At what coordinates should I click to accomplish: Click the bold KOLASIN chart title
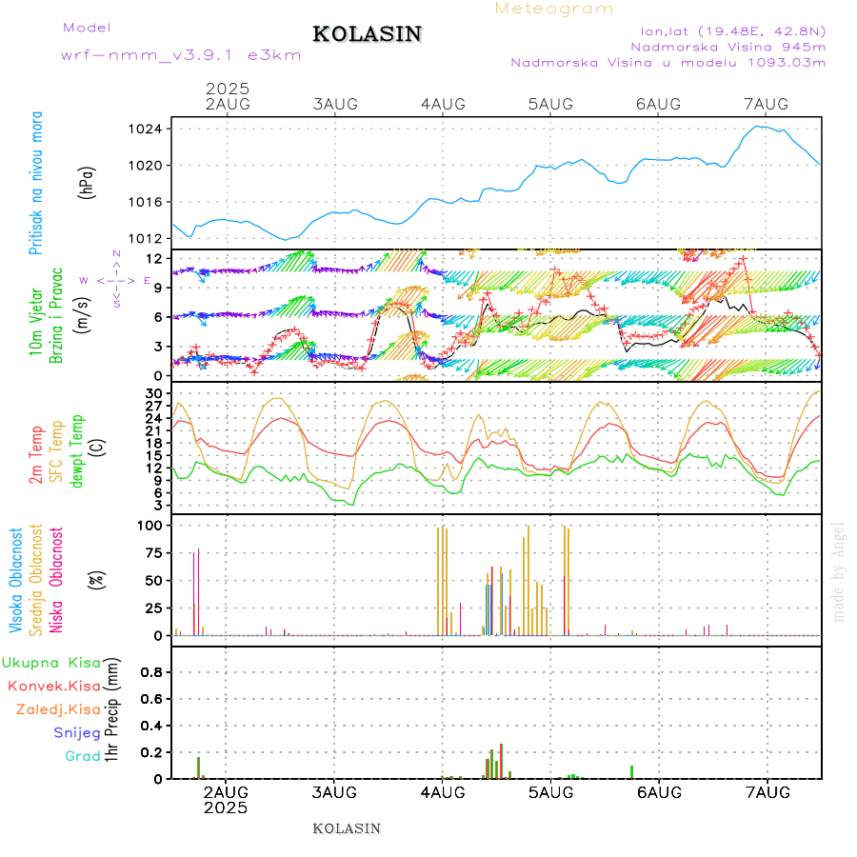pyautogui.click(x=367, y=34)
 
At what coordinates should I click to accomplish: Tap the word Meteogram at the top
pyautogui.click(x=554, y=9)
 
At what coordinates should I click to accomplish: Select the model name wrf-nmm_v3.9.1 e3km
pyautogui.click(x=180, y=55)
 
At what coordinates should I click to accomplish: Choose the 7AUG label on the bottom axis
pyautogui.click(x=767, y=792)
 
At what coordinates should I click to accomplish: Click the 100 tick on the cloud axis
pyautogui.click(x=152, y=525)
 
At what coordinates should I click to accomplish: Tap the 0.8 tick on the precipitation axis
pyautogui.click(x=150, y=671)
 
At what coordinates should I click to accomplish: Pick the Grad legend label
pyautogui.click(x=83, y=756)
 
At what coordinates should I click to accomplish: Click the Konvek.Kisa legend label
pyautogui.click(x=53, y=686)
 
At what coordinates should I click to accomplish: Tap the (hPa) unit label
pyautogui.click(x=87, y=182)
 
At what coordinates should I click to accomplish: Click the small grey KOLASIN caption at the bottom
pyautogui.click(x=347, y=828)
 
